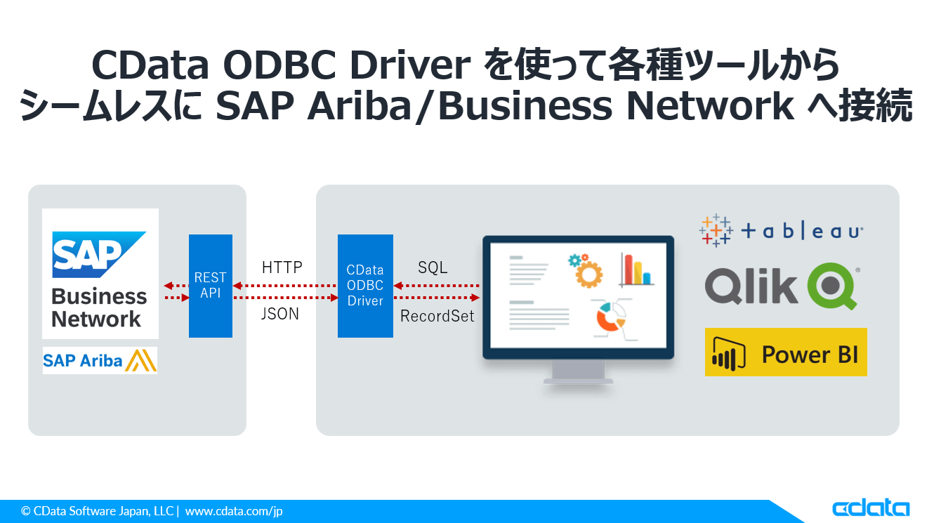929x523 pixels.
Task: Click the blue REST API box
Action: (210, 286)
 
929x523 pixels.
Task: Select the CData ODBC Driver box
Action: (365, 286)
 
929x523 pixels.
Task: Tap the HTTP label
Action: (282, 267)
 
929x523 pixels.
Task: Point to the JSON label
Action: (280, 314)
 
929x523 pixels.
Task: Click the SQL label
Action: (433, 267)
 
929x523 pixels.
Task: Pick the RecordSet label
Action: (437, 316)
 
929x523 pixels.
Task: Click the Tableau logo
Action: (781, 230)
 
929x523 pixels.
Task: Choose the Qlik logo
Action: (782, 286)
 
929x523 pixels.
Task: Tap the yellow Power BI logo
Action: (786, 352)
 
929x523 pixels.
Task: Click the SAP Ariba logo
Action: (100, 360)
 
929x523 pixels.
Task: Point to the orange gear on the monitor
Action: (588, 274)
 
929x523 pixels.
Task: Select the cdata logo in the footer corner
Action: (871, 508)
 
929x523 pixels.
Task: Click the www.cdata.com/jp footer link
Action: (234, 511)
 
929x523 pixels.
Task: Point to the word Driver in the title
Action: (410, 65)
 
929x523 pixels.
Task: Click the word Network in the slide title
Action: (710, 106)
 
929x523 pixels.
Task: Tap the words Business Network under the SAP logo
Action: (99, 307)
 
